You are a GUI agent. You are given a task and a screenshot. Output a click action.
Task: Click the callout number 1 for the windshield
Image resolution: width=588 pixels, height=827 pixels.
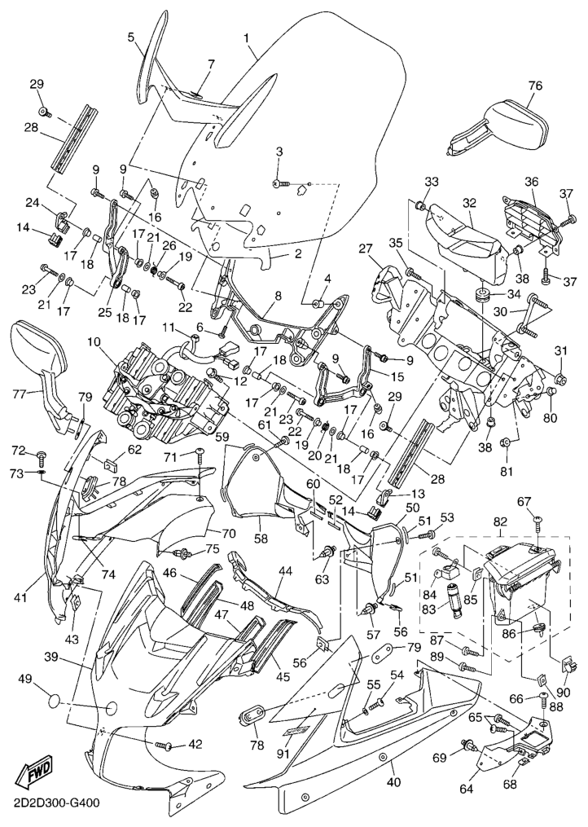tap(247, 37)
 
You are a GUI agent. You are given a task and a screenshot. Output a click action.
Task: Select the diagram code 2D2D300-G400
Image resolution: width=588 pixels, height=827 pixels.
tap(50, 803)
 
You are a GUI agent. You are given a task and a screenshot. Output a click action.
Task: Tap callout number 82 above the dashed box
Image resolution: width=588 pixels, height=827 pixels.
tap(498, 521)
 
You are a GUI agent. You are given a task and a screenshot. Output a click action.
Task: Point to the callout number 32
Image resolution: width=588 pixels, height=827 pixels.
tap(470, 203)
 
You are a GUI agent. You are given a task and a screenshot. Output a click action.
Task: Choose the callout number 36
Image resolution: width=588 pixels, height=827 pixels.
tap(531, 182)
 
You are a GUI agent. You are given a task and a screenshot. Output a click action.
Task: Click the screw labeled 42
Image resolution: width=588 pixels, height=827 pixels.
tap(165, 745)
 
